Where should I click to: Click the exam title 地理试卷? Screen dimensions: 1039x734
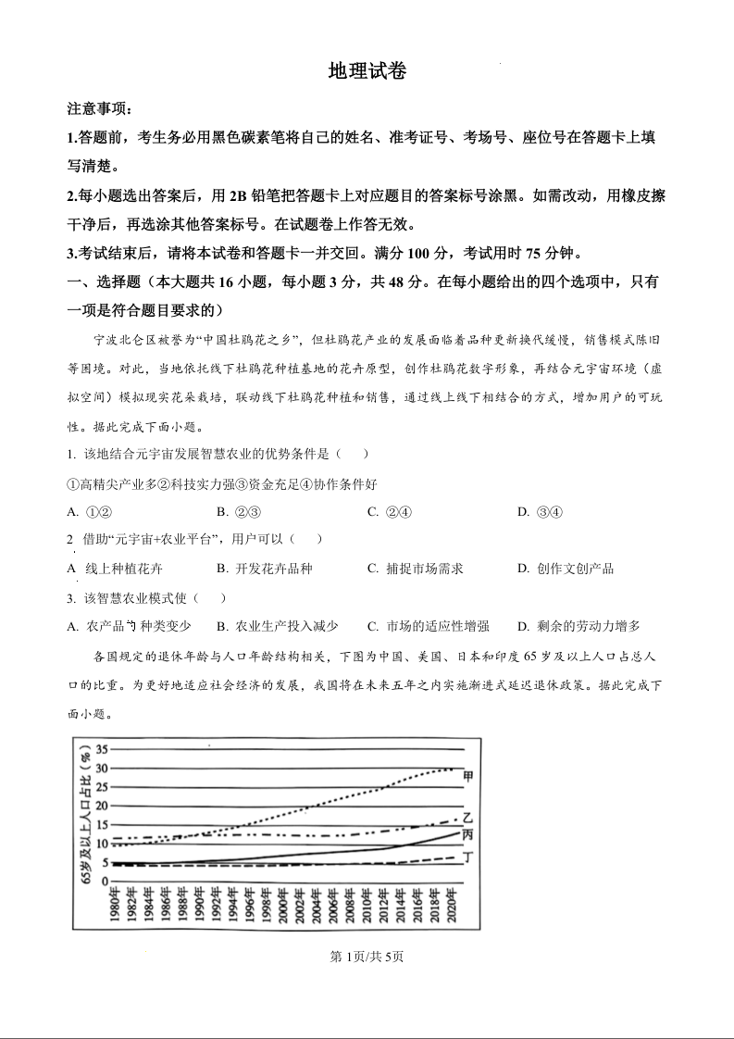(x=367, y=72)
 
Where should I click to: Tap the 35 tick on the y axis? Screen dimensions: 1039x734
(x=103, y=749)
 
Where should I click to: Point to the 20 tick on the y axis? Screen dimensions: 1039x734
(x=103, y=806)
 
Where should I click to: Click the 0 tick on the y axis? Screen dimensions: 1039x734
(x=106, y=881)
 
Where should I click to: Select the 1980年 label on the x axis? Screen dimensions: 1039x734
(x=114, y=906)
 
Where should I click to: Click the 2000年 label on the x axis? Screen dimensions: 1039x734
(x=283, y=906)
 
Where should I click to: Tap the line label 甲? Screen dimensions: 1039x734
(x=468, y=775)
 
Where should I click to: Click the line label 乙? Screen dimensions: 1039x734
(x=468, y=818)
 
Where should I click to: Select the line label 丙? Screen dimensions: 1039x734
(x=468, y=833)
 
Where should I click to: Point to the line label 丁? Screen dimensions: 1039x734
(x=468, y=857)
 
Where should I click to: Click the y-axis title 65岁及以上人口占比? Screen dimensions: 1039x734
(x=85, y=815)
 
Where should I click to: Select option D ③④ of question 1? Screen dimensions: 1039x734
(x=540, y=512)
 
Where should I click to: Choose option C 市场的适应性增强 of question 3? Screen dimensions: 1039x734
(x=428, y=626)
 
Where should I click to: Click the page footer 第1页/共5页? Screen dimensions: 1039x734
(x=367, y=957)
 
